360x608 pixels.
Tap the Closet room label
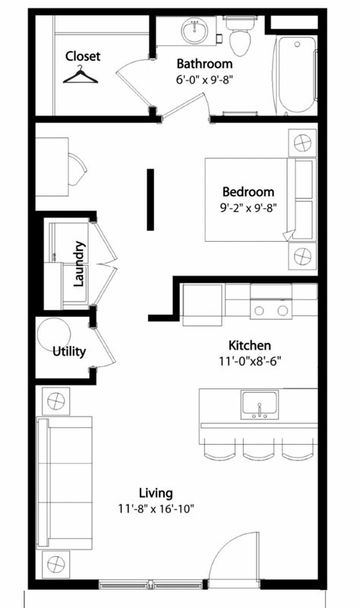point(83,56)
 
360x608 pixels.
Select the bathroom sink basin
point(194,31)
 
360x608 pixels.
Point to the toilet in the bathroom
point(240,36)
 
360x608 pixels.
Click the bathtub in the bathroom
point(296,74)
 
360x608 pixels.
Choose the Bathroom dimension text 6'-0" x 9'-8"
point(204,80)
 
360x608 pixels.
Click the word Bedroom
point(248,192)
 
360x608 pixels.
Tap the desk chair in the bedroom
point(77,169)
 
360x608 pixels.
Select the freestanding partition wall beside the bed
point(150,200)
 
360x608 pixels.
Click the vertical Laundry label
point(79,264)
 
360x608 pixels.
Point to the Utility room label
point(69,352)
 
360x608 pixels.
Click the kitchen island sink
point(259,405)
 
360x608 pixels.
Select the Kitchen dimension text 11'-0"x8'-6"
point(250,362)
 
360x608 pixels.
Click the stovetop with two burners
point(271,309)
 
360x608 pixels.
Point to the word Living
point(156,493)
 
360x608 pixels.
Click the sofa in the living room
point(65,483)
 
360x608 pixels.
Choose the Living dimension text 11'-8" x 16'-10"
point(156,508)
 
